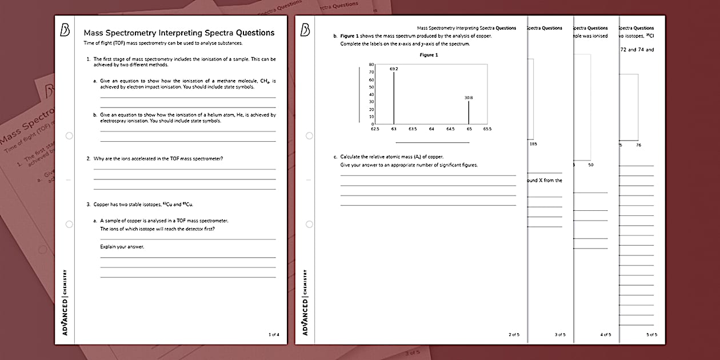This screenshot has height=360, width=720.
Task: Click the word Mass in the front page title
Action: tap(95, 33)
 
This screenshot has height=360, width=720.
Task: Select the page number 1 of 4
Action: tap(274, 334)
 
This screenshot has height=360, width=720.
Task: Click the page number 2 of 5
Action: tap(514, 334)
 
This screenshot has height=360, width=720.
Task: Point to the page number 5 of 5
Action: tap(651, 334)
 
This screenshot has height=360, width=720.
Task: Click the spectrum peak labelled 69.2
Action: tap(394, 97)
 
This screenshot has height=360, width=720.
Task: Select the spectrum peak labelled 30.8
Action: tap(469, 113)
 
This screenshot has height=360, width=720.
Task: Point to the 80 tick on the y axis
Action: tap(371, 65)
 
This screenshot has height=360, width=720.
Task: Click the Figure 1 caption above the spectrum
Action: tap(429, 55)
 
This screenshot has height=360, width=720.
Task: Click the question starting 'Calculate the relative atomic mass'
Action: tap(391, 157)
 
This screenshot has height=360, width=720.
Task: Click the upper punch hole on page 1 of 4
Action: tap(69, 135)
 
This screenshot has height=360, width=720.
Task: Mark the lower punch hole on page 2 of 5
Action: tap(309, 224)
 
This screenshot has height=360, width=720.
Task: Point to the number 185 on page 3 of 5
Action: tap(533, 144)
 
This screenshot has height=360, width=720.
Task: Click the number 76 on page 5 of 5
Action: tap(638, 145)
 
